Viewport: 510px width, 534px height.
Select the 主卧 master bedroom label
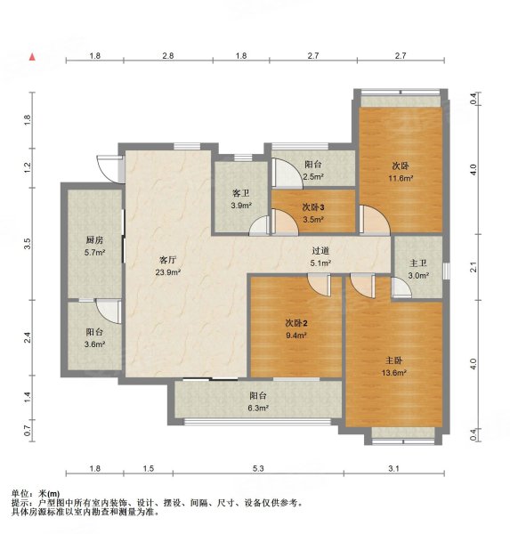tap(394, 360)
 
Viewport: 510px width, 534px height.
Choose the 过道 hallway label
tap(320, 251)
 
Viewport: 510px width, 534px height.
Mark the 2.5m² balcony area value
tap(312, 176)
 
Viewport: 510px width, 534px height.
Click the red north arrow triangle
tap(33, 57)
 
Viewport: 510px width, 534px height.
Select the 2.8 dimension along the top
tap(167, 56)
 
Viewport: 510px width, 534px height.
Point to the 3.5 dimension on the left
tap(28, 241)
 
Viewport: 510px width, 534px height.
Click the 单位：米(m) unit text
tap(36, 493)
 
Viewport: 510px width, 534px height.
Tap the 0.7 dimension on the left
tap(28, 432)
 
